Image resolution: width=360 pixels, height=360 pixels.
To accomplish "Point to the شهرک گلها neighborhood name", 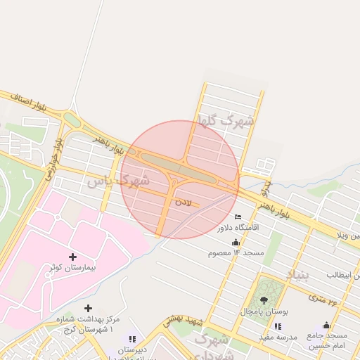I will point(226,121).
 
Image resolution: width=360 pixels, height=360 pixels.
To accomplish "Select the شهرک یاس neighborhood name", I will point(118,181).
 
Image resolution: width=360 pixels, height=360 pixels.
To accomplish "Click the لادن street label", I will point(182,202).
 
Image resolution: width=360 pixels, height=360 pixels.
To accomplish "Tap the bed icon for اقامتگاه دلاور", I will point(238,217).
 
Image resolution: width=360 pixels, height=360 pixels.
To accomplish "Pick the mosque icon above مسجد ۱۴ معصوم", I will point(235,242).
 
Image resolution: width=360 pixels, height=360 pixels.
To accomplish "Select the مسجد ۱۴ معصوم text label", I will point(235,252).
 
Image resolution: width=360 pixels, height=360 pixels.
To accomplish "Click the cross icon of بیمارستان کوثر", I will point(73,257).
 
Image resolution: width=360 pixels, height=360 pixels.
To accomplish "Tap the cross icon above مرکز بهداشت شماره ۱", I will point(87,308).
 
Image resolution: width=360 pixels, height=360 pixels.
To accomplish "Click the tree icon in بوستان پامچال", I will point(264,300).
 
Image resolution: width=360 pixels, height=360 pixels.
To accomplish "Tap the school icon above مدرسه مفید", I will point(277,326).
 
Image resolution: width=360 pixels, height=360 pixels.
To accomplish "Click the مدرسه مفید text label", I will point(275,337).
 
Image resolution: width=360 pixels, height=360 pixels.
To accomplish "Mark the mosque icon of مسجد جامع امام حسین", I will point(326,325).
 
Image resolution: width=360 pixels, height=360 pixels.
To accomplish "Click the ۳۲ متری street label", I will point(323,301).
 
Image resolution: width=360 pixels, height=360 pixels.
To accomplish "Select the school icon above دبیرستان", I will point(132,339).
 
